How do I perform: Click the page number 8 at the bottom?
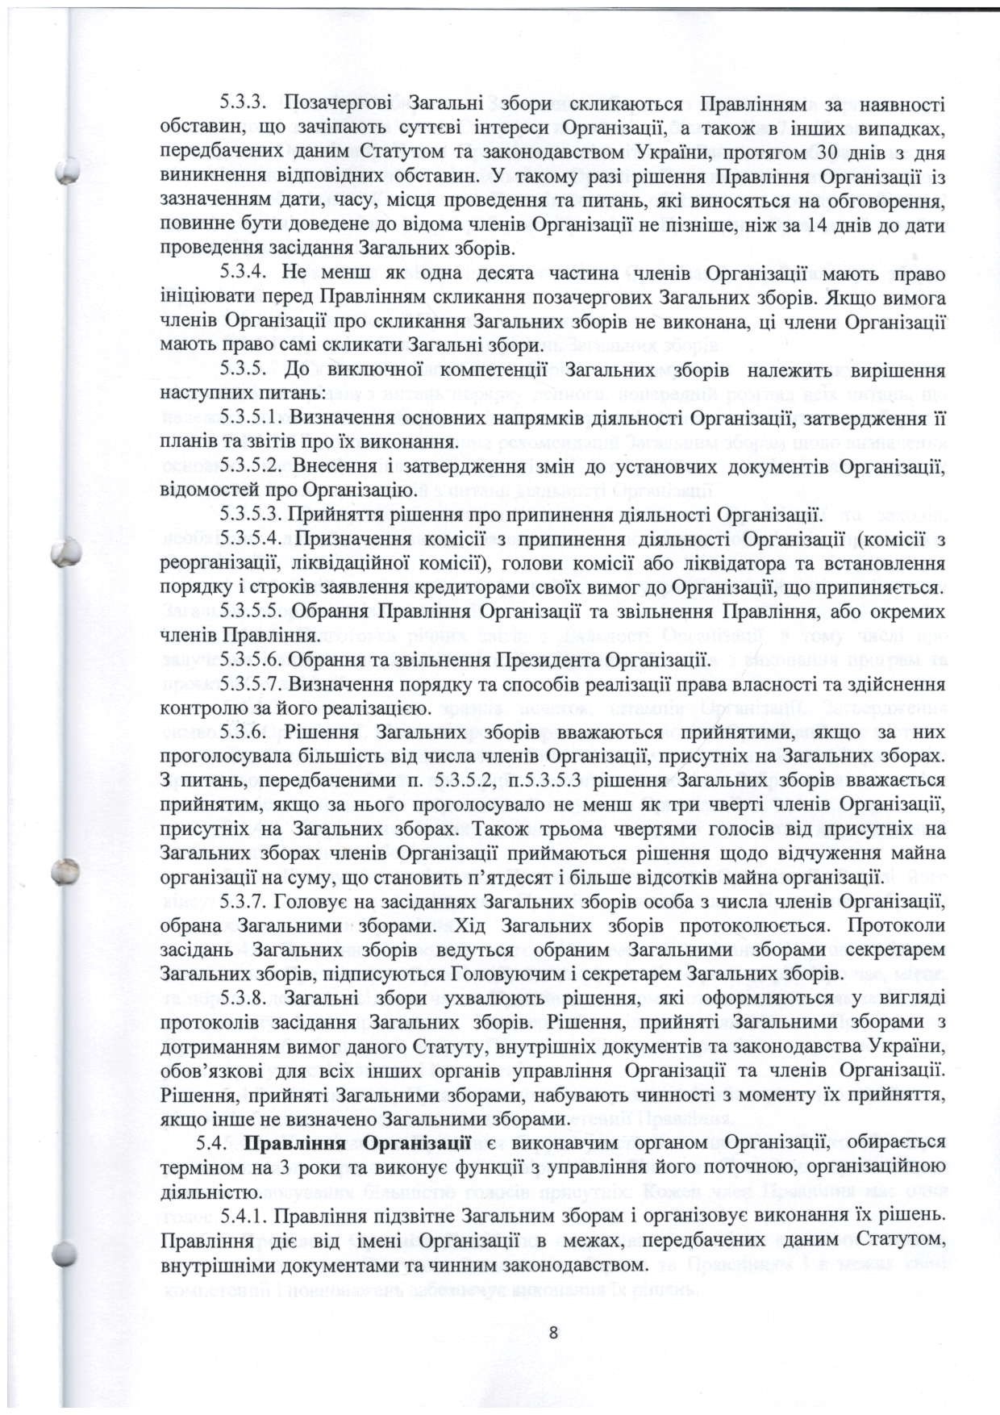pos(553,1332)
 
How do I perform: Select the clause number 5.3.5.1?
pos(252,419)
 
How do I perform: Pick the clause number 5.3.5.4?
pos(252,539)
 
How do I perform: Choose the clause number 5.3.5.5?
pos(252,611)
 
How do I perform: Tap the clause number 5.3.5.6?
pos(252,660)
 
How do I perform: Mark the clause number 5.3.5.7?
pos(252,685)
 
